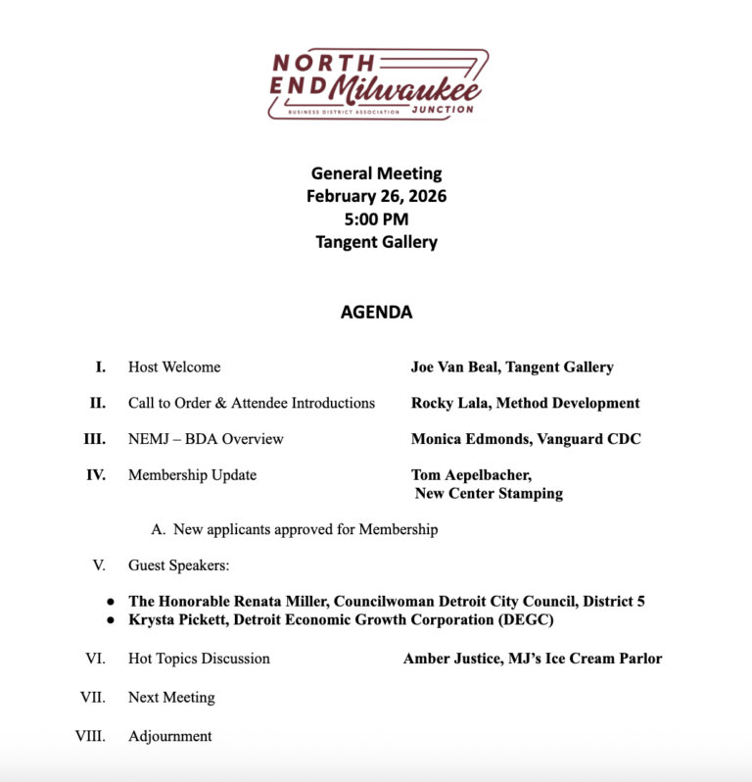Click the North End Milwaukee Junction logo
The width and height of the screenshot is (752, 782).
pos(377,84)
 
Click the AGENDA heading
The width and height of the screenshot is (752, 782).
pos(376,313)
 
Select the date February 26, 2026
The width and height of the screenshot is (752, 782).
pos(376,196)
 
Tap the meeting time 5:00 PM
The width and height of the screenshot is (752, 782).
pos(376,219)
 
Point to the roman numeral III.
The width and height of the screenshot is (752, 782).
pos(95,439)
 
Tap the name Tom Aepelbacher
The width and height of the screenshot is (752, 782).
pos(471,475)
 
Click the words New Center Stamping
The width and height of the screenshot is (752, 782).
pos(489,494)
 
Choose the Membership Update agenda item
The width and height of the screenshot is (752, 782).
pos(192,475)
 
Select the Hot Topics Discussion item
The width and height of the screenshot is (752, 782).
pos(199,659)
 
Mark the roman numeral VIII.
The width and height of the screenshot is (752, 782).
pos(91,736)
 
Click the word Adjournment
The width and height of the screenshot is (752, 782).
pos(169,736)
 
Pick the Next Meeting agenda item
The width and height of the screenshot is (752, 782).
pos(171,698)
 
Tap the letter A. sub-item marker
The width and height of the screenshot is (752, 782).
pos(158,530)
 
